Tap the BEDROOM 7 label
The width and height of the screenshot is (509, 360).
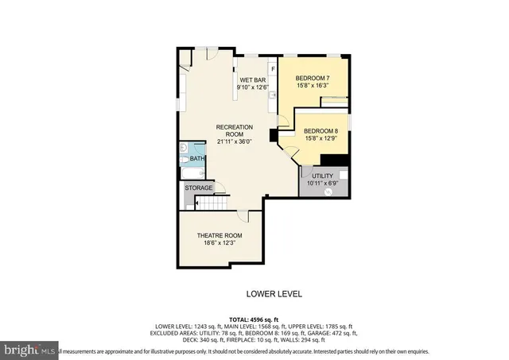tap(312, 78)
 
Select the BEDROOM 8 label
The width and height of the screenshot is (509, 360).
tap(321, 131)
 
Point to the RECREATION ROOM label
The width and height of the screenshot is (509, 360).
tap(235, 131)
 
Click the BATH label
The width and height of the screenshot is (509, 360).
tap(196, 159)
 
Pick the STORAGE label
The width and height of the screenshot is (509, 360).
tap(199, 188)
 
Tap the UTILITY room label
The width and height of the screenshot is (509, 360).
tap(321, 176)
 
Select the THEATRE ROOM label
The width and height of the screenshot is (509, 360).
tap(220, 236)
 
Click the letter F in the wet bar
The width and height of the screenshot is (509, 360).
tap(273, 69)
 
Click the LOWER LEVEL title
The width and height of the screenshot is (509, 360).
tap(274, 294)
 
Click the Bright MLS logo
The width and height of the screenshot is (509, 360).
tap(29, 350)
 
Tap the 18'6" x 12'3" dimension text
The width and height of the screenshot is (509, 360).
tap(220, 245)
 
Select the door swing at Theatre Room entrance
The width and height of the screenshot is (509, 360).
tap(252, 215)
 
